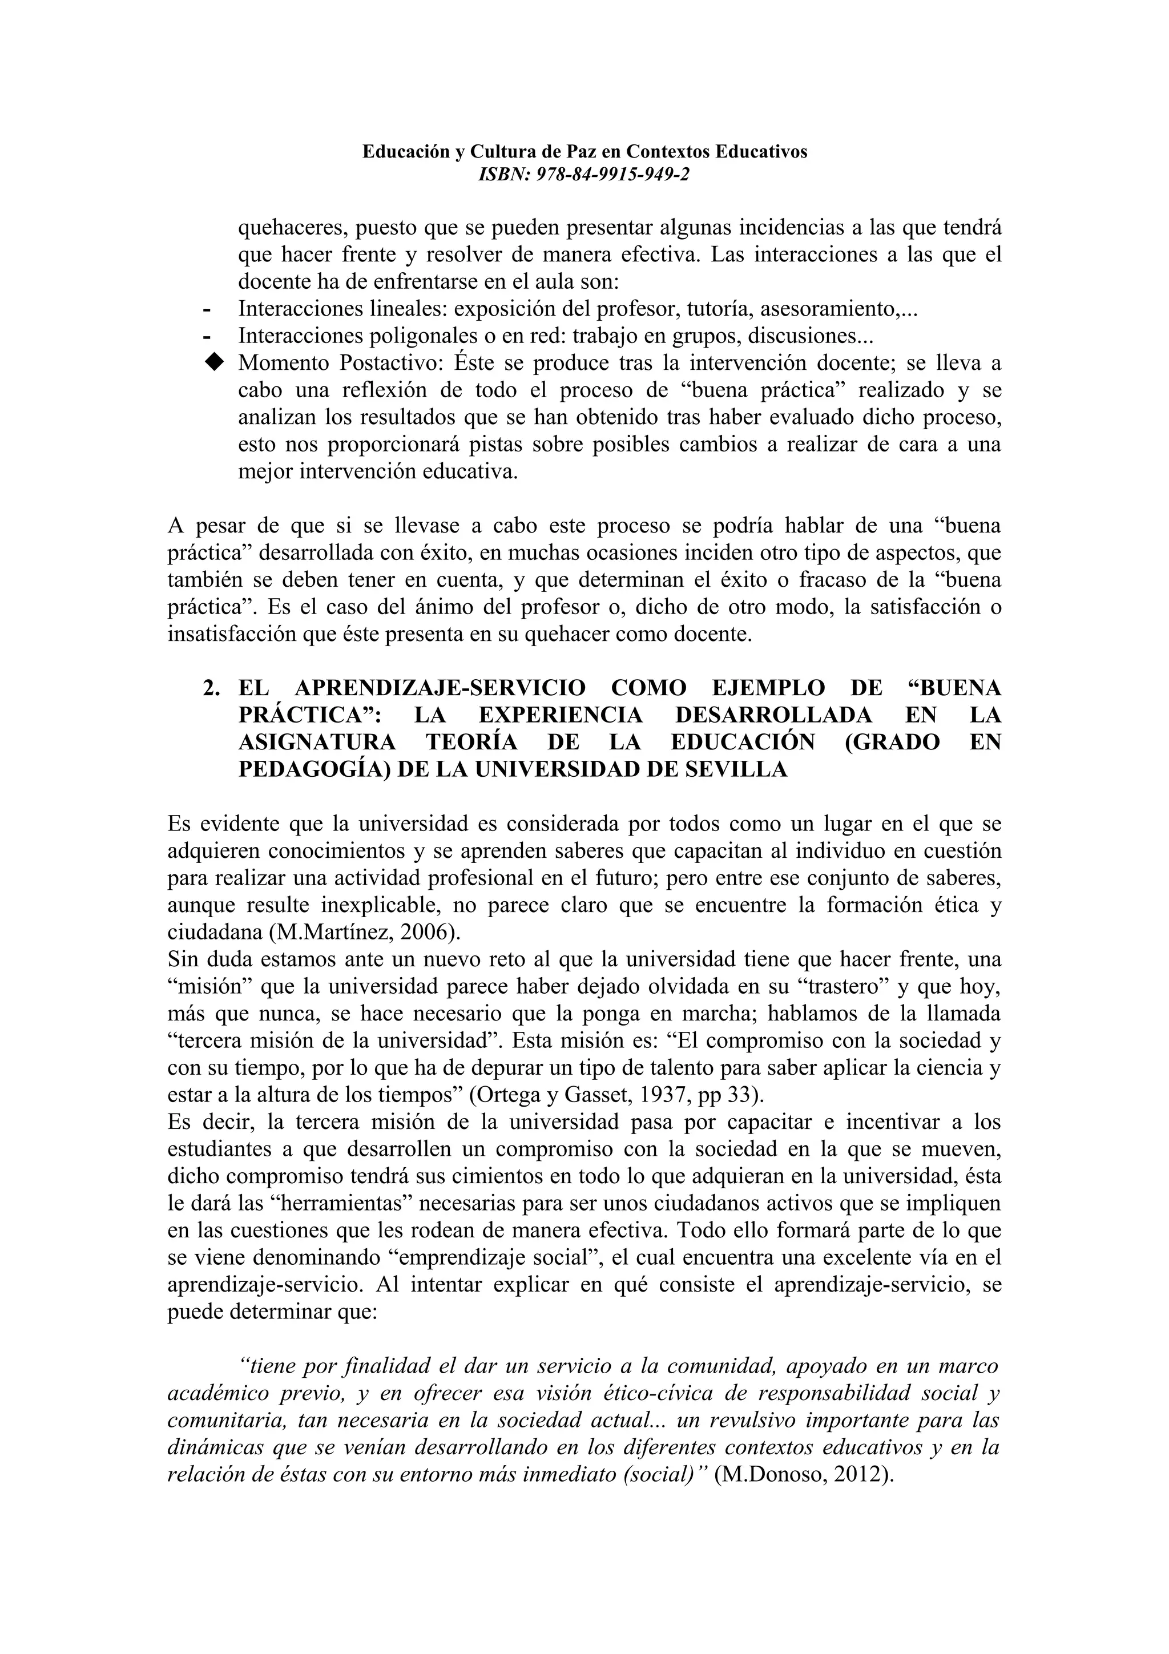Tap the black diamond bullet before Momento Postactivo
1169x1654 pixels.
click(x=213, y=362)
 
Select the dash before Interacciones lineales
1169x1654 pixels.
click(x=207, y=310)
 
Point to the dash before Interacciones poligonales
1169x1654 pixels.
click(x=207, y=336)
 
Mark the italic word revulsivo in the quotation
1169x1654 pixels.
click(x=773, y=1421)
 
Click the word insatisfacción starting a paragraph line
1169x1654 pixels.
click(x=229, y=635)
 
